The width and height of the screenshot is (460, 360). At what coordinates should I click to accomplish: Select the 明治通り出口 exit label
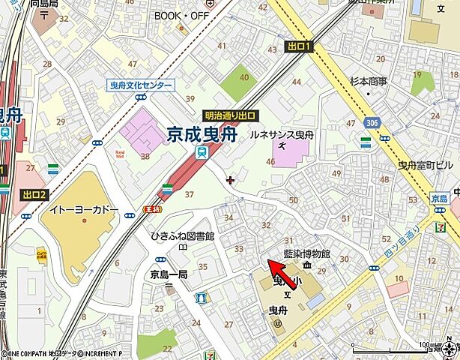(x=231, y=116)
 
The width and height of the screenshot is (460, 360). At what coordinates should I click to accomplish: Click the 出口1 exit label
(x=298, y=47)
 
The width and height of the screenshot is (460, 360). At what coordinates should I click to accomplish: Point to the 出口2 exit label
(x=34, y=195)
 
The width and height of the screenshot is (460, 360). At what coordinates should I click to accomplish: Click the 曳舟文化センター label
(x=140, y=86)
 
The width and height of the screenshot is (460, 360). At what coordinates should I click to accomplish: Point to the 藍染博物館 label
(x=307, y=254)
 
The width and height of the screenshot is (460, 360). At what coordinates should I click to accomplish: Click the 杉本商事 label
(x=368, y=80)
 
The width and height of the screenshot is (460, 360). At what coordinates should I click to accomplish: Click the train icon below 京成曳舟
(x=200, y=152)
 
